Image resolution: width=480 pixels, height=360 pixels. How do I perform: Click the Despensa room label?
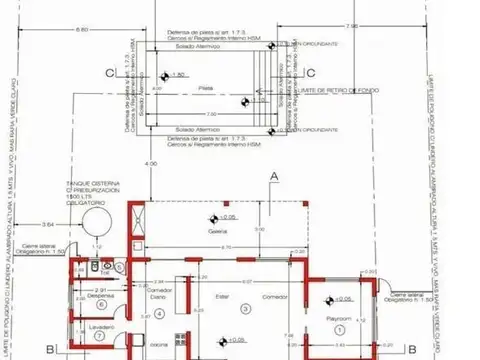tap(98, 297)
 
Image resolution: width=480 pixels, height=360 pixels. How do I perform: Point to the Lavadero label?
tap(96, 328)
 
